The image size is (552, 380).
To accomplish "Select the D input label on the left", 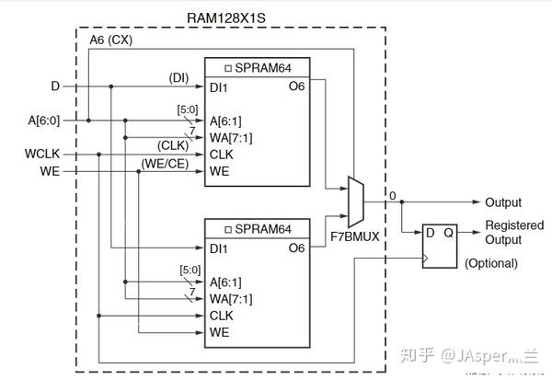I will click(x=55, y=86).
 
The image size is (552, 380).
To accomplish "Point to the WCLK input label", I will click(x=45, y=154).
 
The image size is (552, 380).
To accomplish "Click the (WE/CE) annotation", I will click(x=166, y=162).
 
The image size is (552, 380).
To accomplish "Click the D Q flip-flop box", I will click(x=439, y=244).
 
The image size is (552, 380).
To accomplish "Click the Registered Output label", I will click(x=514, y=233).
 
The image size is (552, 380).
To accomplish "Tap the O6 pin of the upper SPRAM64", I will click(x=296, y=86).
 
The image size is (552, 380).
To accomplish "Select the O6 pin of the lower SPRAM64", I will click(x=296, y=248).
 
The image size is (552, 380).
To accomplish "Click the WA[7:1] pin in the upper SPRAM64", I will click(x=230, y=137).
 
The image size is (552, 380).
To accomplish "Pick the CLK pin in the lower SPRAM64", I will click(x=221, y=315).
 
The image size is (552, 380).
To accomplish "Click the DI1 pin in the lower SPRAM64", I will click(x=220, y=248).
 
